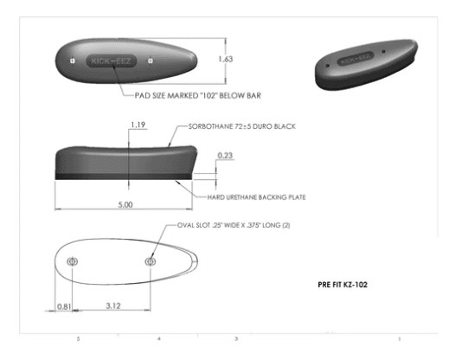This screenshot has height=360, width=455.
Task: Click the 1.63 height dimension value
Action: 226,59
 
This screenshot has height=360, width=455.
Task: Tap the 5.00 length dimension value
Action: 125,205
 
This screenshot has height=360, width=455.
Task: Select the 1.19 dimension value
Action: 138,125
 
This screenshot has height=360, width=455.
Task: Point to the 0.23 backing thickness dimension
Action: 226,156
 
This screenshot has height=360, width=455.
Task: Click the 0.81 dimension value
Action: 64,306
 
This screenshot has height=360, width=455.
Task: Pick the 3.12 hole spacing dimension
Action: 113,305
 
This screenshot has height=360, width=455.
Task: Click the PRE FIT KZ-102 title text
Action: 343,285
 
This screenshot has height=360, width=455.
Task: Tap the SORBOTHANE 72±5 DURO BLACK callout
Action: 242,126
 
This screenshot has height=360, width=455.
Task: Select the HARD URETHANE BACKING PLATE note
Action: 257,197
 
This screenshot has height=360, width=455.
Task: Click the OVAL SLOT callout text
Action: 234,225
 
